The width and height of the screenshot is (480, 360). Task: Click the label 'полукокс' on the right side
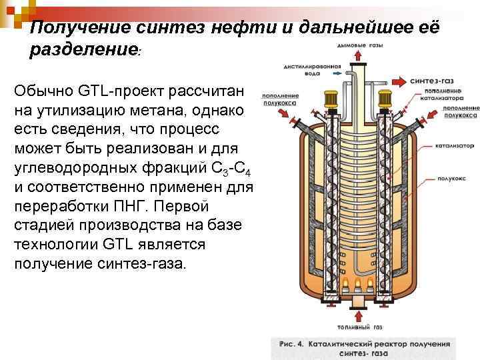[451, 179]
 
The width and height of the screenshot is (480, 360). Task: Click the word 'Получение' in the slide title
[74, 28]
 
